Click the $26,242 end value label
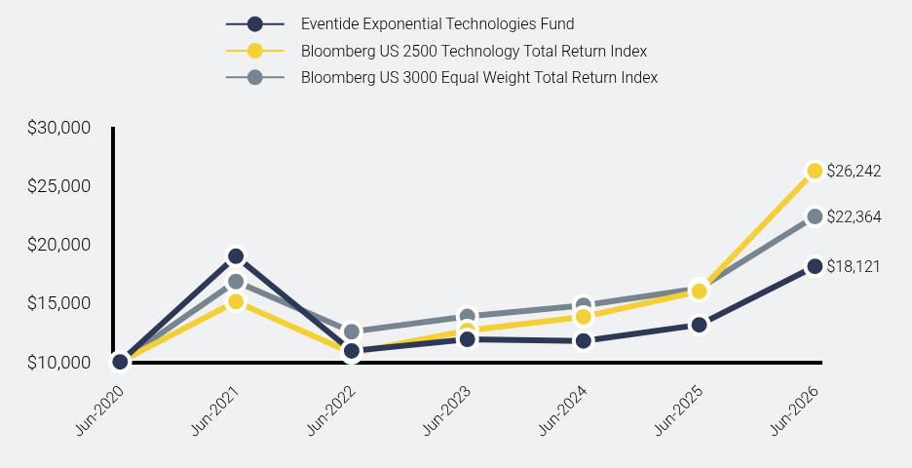(x=854, y=172)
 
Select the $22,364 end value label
(x=854, y=217)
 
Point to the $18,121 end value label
(x=854, y=266)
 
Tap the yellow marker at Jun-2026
(x=815, y=171)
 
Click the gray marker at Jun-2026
(x=815, y=216)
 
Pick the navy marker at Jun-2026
(x=815, y=266)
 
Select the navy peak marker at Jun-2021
(x=236, y=256)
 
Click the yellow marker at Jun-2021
(x=236, y=301)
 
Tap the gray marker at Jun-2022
(x=352, y=331)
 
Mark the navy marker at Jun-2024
(x=584, y=340)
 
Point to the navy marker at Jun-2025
(x=700, y=325)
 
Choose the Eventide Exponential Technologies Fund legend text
(x=437, y=23)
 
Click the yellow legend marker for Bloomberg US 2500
(x=254, y=51)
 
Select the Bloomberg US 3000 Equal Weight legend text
(x=479, y=77)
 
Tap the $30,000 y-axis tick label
(x=58, y=128)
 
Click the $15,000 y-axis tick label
(x=58, y=303)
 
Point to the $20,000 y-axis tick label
(x=58, y=245)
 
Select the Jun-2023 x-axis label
(x=446, y=409)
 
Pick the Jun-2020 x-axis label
(x=99, y=409)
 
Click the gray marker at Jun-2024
(x=584, y=305)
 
